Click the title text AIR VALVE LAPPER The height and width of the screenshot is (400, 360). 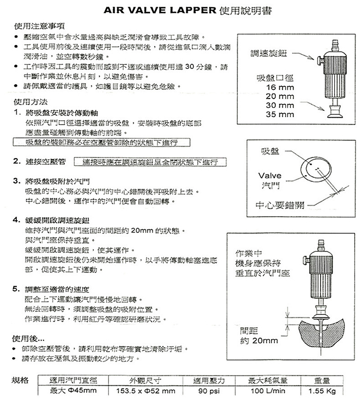click(x=159, y=10)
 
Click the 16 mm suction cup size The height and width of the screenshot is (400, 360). click(x=280, y=88)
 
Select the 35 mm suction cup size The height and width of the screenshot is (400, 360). click(x=280, y=114)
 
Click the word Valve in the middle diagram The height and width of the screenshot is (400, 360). click(x=270, y=176)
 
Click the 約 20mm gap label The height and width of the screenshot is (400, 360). click(x=258, y=341)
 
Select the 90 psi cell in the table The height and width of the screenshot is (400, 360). click(x=209, y=391)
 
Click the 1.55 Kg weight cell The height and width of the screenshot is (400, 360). click(x=322, y=391)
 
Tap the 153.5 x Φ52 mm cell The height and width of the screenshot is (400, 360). click(x=146, y=391)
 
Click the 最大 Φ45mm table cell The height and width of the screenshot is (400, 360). click(x=73, y=391)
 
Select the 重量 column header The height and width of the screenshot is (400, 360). click(x=322, y=380)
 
